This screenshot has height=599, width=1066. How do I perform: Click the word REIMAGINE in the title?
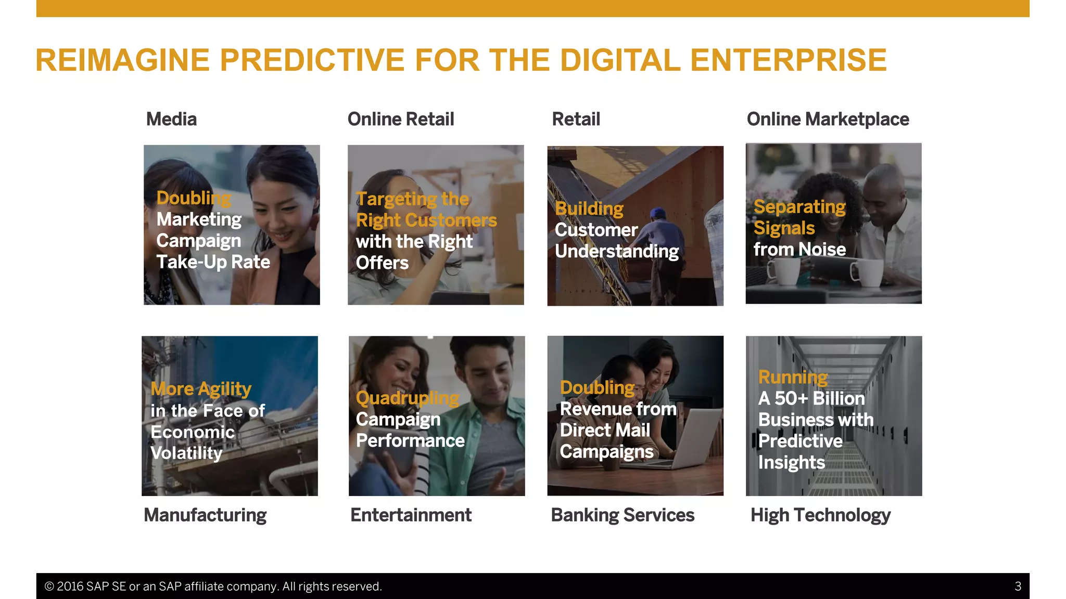tap(122, 60)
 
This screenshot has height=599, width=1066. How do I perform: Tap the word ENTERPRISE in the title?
tap(788, 60)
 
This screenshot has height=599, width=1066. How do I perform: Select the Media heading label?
tap(171, 119)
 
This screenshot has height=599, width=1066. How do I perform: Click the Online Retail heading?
tap(400, 119)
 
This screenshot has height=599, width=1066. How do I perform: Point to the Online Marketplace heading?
tap(828, 119)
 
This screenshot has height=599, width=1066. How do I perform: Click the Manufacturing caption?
tap(205, 515)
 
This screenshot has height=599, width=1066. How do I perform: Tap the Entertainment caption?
tap(411, 515)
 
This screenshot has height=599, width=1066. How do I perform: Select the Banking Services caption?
tap(623, 515)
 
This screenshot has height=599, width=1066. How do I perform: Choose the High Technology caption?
tap(820, 515)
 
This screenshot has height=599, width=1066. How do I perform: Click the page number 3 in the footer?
tap(1018, 587)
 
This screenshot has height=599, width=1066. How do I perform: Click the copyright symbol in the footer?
tap(49, 587)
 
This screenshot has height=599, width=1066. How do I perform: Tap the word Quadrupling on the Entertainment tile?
tap(407, 398)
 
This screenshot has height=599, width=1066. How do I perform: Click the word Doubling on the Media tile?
tap(194, 198)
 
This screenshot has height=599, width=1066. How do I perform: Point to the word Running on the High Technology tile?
tap(793, 377)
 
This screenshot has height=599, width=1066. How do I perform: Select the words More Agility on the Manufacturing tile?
tap(201, 389)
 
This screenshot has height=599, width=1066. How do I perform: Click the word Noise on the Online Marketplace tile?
tap(822, 250)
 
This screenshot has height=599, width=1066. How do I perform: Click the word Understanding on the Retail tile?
tap(617, 252)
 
